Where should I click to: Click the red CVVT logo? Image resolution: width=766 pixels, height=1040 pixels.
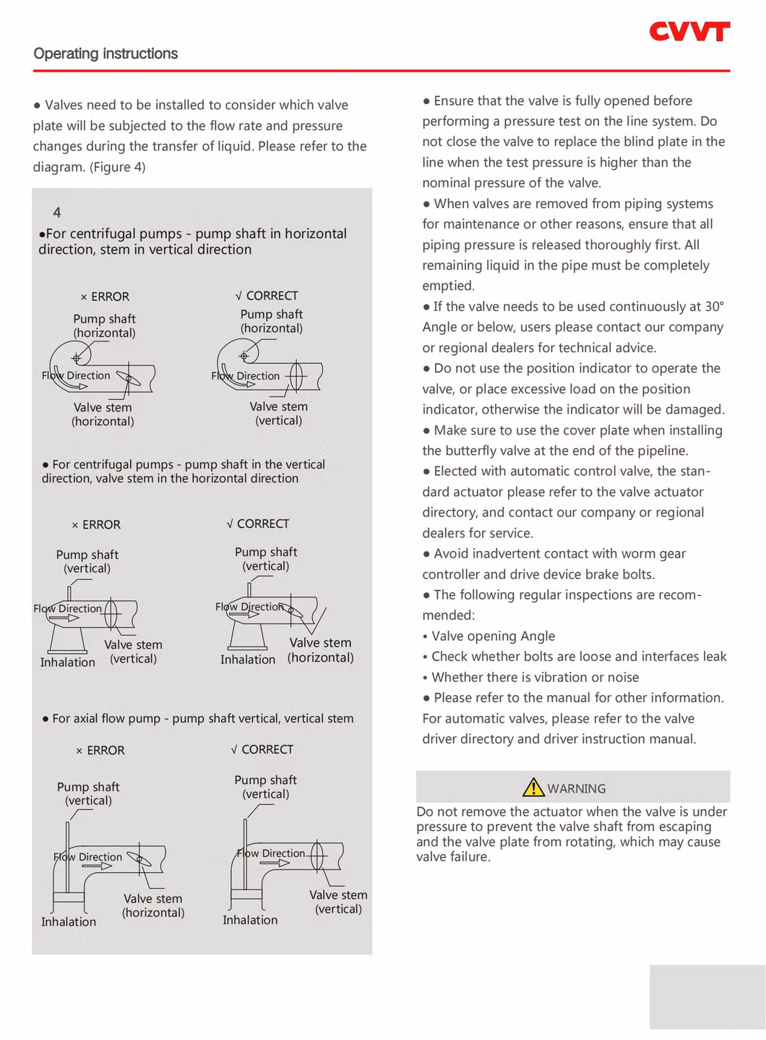pos(689,32)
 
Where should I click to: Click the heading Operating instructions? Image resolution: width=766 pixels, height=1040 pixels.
pos(106,54)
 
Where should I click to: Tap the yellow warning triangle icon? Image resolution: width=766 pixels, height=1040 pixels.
pos(533,787)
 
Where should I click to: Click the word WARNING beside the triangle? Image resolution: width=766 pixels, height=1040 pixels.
pos(576,788)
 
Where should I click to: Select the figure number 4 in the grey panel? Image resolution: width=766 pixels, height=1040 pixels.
pos(57,213)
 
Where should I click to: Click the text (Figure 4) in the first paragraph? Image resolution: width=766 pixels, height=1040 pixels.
pos(117,167)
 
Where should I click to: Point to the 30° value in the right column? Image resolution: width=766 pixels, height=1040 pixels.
pos(714,307)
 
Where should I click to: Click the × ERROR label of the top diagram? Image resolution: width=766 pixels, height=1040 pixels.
pos(105,297)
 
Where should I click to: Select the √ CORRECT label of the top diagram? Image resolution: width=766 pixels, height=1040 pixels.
pos(267,296)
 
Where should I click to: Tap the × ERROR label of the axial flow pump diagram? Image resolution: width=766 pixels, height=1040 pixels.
pos(100,751)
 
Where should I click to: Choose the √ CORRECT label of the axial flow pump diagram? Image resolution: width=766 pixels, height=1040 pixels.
pos(262,749)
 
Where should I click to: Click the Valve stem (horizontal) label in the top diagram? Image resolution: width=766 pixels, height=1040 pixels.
pos(103,414)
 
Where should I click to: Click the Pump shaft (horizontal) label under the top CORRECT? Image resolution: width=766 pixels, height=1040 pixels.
pos(272,321)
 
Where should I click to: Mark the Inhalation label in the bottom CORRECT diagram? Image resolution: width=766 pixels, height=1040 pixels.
pos(250,920)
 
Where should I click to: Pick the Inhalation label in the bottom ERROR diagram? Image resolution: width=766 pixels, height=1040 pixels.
pos(69,921)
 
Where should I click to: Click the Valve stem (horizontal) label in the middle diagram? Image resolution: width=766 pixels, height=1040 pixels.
pos(320,650)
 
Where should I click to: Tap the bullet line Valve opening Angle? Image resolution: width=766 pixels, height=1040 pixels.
pos(493,636)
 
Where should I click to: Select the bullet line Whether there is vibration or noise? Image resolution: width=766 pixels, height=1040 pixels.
pos(535,678)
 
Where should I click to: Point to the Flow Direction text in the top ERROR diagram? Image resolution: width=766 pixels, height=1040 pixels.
pos(76,375)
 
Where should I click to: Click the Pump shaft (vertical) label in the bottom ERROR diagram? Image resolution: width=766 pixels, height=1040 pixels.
pos(88,793)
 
